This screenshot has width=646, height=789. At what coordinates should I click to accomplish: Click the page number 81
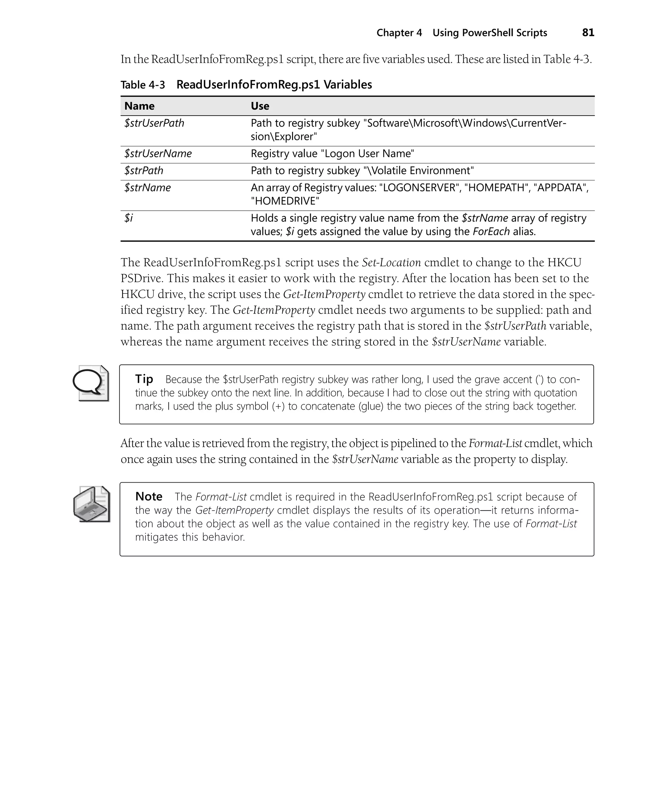tap(588, 33)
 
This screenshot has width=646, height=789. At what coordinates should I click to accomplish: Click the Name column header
tap(139, 106)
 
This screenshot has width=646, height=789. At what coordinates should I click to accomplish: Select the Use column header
tap(260, 106)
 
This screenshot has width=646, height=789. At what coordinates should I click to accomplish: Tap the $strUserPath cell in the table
tap(154, 123)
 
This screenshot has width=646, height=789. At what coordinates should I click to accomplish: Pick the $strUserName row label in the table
tap(158, 154)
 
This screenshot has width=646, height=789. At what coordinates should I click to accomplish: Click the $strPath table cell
tap(144, 171)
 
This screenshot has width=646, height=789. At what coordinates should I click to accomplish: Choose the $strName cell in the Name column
tap(147, 188)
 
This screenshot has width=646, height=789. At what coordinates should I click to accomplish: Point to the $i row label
tap(128, 218)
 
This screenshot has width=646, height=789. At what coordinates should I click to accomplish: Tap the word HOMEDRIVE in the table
tap(285, 201)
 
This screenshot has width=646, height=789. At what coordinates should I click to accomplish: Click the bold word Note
tap(149, 496)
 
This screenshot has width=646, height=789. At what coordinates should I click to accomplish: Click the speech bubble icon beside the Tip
tap(91, 383)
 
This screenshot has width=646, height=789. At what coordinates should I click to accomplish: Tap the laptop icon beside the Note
tap(91, 504)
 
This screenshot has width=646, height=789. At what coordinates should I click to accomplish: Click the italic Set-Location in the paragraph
tap(391, 262)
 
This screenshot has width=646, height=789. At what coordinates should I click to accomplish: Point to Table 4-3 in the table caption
tap(143, 85)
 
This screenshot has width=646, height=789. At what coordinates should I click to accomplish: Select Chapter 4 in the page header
tap(399, 33)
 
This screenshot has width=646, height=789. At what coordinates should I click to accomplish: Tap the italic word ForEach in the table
tap(491, 232)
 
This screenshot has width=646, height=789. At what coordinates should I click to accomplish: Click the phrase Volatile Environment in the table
tap(420, 171)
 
